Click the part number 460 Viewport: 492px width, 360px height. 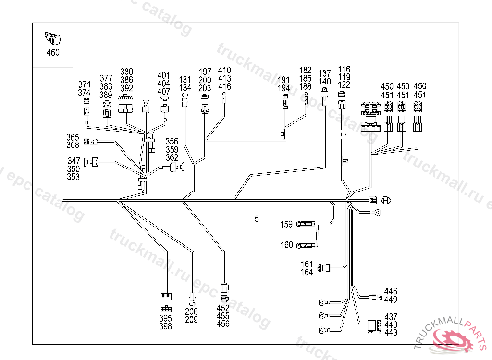click(53, 52)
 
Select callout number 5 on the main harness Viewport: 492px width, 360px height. click(257, 219)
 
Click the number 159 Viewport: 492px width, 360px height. click(286, 224)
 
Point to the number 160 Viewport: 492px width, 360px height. click(286, 245)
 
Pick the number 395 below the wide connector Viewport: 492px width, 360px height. click(166, 318)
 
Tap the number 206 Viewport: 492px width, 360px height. click(191, 312)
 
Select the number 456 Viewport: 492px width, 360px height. click(223, 324)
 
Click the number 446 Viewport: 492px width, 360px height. click(391, 292)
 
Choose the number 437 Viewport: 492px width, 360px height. click(391, 317)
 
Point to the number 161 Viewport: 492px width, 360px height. click(307, 264)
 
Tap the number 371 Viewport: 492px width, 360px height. click(85, 85)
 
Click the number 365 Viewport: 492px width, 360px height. click(73, 138)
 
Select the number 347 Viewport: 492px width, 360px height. click(74, 161)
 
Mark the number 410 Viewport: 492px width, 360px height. click(224, 71)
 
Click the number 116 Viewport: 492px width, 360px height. click(344, 69)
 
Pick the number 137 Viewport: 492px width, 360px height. click(325, 73)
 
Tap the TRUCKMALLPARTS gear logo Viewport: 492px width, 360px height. click(453, 339)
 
